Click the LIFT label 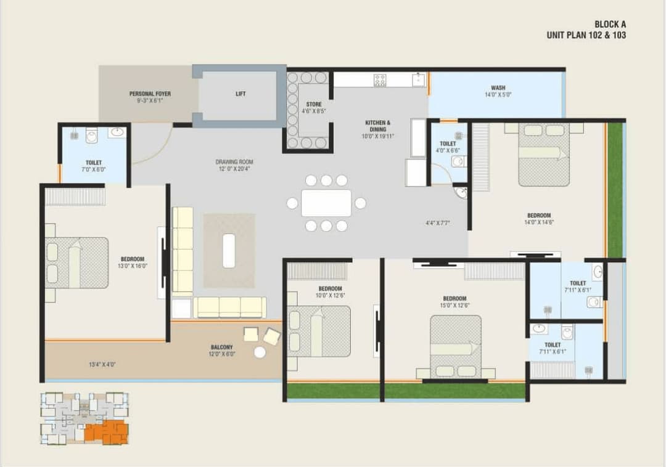240,94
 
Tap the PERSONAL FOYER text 150,94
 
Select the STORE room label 313,105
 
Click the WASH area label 498,88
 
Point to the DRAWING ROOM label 234,162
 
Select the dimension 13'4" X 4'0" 102,365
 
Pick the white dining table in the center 326,203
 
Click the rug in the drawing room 229,251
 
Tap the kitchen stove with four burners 380,79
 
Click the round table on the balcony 260,352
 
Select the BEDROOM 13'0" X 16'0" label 133,259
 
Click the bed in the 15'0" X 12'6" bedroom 456,345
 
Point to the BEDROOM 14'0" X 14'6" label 538,216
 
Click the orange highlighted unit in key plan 105,431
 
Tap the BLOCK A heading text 610,24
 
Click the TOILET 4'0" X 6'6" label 448,144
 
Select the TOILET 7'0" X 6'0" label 94,163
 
